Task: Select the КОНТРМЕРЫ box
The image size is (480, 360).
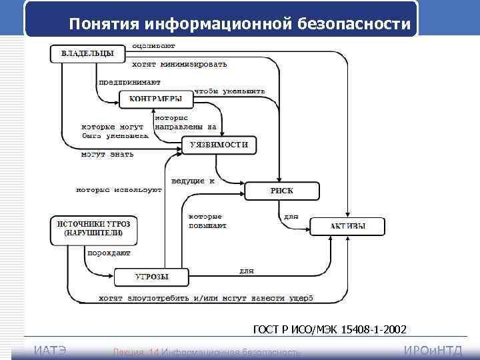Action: pyautogui.click(x=156, y=99)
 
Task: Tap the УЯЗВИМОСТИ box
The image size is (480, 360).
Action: pyautogui.click(x=219, y=145)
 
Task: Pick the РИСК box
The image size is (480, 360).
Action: pyautogui.click(x=282, y=191)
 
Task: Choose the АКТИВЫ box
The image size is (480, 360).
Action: pyautogui.click(x=347, y=226)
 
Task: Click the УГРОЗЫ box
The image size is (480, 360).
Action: pyautogui.click(x=151, y=277)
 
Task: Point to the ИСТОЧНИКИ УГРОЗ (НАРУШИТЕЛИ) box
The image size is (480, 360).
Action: pyautogui.click(x=93, y=229)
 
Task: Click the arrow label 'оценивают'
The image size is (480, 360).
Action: pyautogui.click(x=154, y=46)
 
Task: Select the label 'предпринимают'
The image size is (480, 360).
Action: pyautogui.click(x=129, y=82)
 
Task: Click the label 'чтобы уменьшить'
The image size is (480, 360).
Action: pyautogui.click(x=229, y=91)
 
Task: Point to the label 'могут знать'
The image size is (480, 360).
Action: pyautogui.click(x=107, y=155)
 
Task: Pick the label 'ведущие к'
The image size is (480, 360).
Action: pyautogui.click(x=193, y=180)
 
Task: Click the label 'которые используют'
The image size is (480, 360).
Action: pyautogui.click(x=119, y=190)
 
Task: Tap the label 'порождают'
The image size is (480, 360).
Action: pyautogui.click(x=109, y=253)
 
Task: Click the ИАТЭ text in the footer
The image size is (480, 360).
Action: pyautogui.click(x=49, y=351)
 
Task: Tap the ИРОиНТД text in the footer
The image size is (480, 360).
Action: pyautogui.click(x=433, y=351)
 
